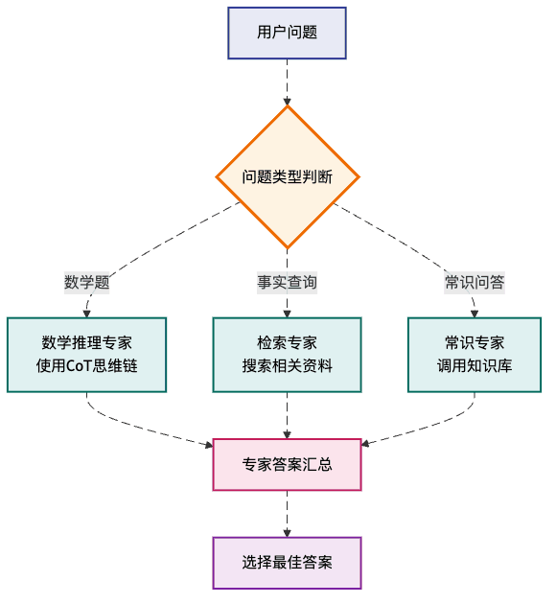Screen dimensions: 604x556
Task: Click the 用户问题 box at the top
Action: (x=287, y=33)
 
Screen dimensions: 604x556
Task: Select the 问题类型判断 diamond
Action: (x=287, y=177)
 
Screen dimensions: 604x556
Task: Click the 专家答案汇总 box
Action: (x=287, y=464)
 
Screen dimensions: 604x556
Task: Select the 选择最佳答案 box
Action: (x=287, y=562)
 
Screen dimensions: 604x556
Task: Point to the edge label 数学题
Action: (x=86, y=282)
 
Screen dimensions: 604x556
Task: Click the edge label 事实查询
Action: (x=287, y=282)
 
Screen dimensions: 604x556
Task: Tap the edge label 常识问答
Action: (x=475, y=282)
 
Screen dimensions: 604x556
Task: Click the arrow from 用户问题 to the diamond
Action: (x=287, y=81)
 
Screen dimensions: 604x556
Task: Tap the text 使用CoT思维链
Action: (x=86, y=365)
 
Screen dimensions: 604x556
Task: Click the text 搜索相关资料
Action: (x=287, y=365)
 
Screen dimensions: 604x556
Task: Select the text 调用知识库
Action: (x=475, y=365)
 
